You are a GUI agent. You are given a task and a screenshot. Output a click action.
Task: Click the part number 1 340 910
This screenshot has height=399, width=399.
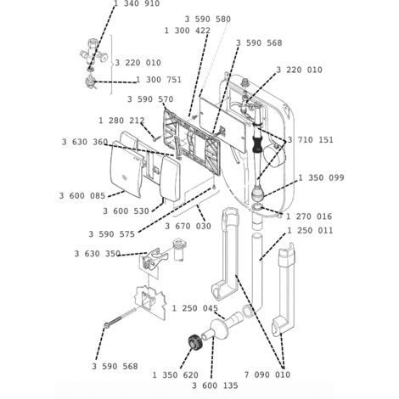(137, 3)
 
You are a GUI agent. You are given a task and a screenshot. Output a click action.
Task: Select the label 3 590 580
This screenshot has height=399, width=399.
(208, 20)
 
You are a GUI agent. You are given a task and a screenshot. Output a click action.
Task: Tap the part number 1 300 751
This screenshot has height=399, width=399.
(159, 80)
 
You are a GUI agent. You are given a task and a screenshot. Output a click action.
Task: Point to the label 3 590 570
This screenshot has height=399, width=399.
(150, 99)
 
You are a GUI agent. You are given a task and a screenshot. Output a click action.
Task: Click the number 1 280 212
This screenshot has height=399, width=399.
(121, 121)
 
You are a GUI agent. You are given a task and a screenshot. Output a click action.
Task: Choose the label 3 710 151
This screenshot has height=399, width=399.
(311, 140)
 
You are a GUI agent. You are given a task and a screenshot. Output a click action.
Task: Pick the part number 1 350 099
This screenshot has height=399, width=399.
(321, 178)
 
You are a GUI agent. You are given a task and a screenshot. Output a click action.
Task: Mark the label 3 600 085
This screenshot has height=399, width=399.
(82, 196)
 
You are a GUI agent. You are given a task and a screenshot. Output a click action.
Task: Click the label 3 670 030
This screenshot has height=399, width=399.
(188, 227)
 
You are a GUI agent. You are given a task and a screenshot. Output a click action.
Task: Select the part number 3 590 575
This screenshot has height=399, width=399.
(112, 234)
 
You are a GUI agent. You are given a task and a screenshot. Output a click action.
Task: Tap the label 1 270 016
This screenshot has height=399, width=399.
(309, 216)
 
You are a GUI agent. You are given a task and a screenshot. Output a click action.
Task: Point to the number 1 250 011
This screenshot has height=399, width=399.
(310, 231)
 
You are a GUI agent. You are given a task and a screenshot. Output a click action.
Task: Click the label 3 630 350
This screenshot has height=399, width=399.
(98, 254)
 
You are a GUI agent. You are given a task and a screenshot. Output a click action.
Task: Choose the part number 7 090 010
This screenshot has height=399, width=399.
(267, 375)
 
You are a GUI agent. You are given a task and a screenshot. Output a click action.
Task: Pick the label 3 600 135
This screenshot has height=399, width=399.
(215, 385)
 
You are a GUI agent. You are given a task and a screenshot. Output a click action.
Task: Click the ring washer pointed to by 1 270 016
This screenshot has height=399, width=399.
(256, 207)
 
